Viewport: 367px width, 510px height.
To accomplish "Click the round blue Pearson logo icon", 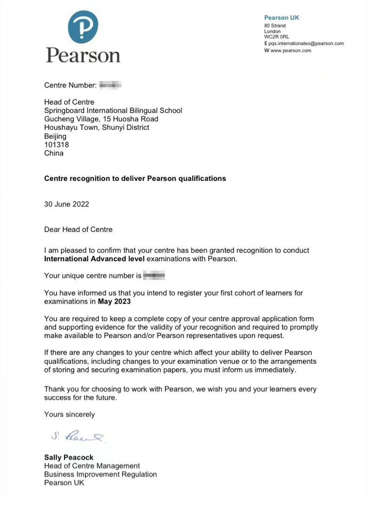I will click(x=83, y=27).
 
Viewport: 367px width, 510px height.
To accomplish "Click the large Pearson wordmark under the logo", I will click(x=83, y=55).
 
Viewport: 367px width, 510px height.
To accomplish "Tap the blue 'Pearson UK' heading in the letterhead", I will click(x=282, y=18).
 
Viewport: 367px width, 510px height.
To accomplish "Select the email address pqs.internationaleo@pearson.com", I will click(x=306, y=43).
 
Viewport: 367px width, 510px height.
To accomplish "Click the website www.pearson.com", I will click(x=290, y=51).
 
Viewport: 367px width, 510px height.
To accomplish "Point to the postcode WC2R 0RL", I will click(x=276, y=37).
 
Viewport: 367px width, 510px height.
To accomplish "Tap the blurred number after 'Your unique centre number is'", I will click(x=154, y=276).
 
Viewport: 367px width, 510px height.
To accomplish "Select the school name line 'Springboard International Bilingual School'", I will click(x=113, y=111).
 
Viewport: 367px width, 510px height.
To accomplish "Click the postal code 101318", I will click(x=56, y=145).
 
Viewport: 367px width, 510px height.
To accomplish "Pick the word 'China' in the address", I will click(x=54, y=153).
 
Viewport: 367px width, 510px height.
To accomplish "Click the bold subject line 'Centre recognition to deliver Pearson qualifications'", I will click(x=135, y=179).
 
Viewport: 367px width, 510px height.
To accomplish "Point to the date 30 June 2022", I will click(x=66, y=204).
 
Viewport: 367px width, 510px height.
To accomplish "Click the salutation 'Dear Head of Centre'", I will click(x=78, y=229).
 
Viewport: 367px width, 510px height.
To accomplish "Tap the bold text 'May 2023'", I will click(x=114, y=301).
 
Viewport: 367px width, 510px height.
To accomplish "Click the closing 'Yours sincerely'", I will click(x=69, y=414).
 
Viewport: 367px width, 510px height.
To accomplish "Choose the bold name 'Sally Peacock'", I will click(x=69, y=457).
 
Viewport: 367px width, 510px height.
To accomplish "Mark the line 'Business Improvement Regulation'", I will click(x=100, y=474).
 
